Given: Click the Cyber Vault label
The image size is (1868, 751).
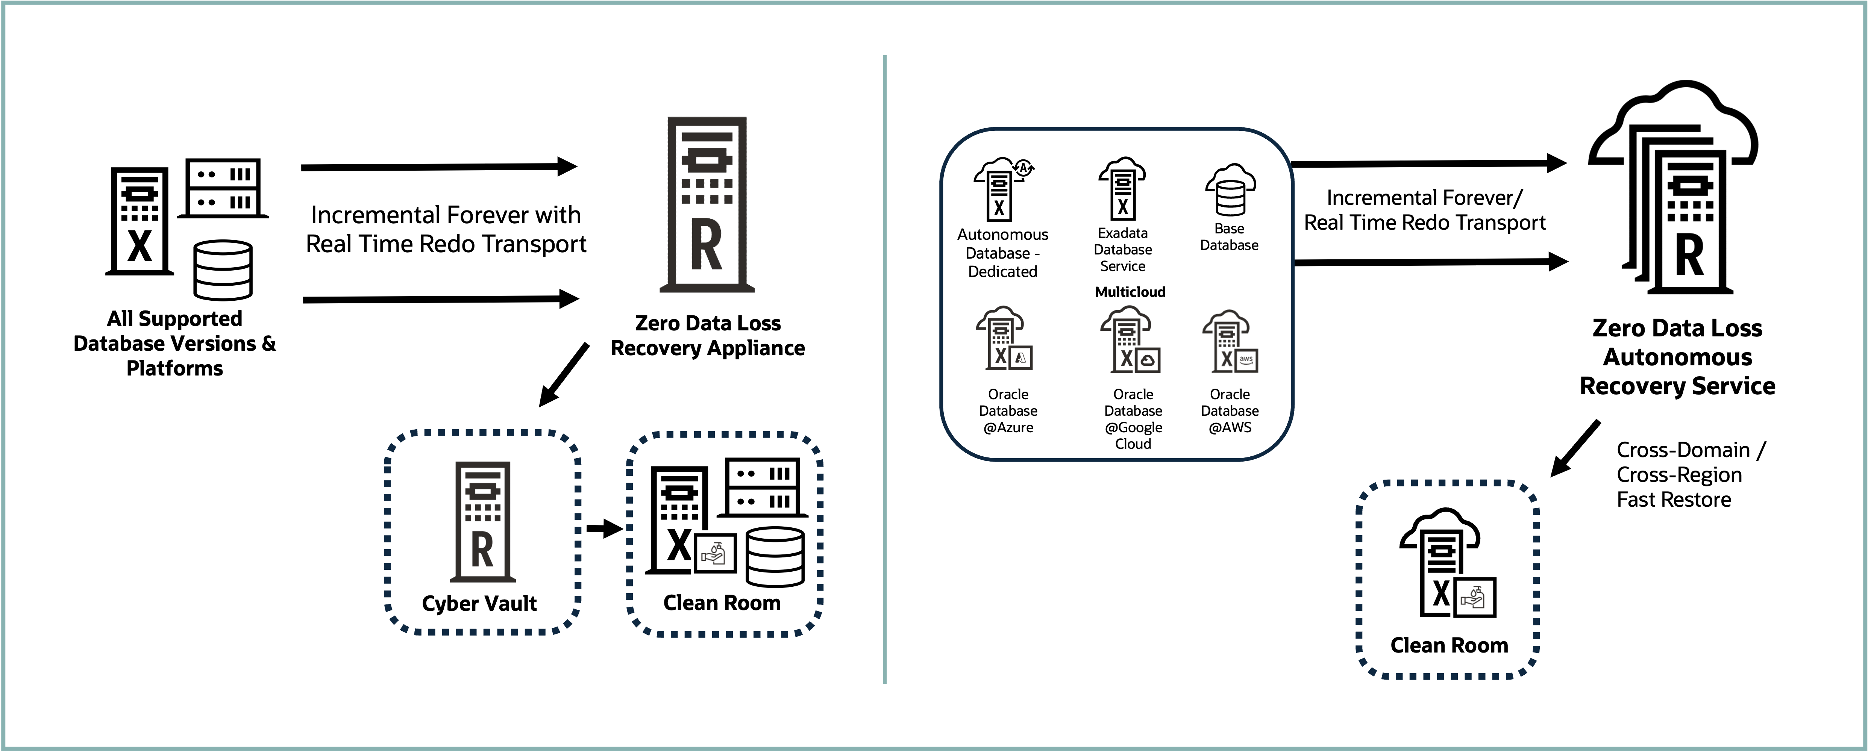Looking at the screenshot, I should [479, 603].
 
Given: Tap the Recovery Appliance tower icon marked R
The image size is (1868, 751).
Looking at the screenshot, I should [707, 204].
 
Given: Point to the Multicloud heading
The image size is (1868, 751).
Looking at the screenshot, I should [1130, 292].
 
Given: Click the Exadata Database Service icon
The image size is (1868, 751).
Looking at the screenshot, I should [1122, 188].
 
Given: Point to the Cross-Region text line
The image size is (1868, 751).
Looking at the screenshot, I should [1679, 475].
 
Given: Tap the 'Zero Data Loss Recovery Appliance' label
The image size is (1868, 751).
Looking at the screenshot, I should [708, 336].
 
